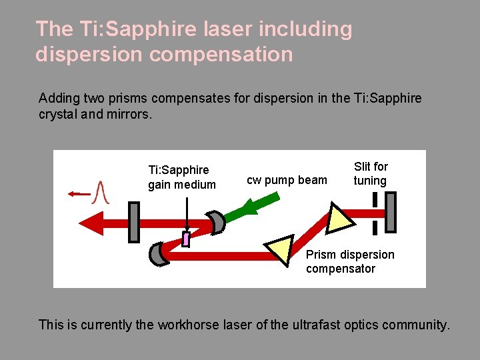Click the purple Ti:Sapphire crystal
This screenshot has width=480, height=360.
pyautogui.click(x=187, y=239)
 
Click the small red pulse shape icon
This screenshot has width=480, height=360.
pyautogui.click(x=101, y=193)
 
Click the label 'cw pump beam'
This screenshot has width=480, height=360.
pyautogui.click(x=287, y=180)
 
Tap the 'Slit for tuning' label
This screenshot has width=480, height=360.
pyautogui.click(x=371, y=173)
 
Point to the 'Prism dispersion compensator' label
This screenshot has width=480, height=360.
pyautogui.click(x=350, y=262)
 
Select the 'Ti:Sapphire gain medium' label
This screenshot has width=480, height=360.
pyautogui.click(x=181, y=177)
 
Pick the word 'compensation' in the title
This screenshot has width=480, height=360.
pyautogui.click(x=221, y=54)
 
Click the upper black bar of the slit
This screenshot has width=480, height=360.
pyautogui.click(x=375, y=199)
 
